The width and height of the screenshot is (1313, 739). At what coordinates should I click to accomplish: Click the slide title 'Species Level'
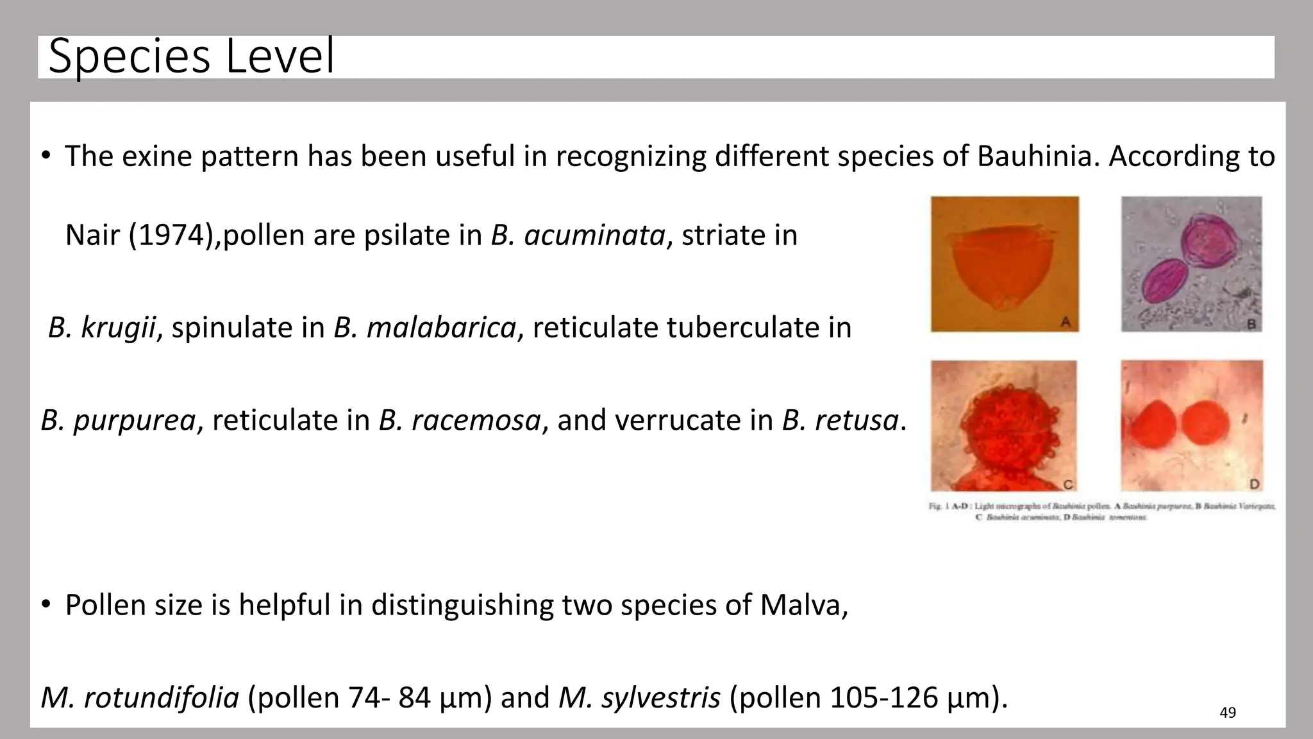tap(191, 57)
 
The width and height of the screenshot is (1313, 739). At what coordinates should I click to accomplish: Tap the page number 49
tap(1227, 713)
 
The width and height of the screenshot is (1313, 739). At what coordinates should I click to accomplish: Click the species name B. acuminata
tap(578, 235)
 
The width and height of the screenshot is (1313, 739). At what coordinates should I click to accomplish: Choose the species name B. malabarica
tap(424, 328)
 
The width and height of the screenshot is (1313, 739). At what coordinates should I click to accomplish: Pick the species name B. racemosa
tap(460, 421)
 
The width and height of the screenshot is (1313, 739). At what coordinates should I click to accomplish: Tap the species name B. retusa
tap(840, 421)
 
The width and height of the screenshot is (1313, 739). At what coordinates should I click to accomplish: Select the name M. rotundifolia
tap(140, 697)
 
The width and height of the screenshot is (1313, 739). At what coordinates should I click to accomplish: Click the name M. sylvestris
tap(639, 697)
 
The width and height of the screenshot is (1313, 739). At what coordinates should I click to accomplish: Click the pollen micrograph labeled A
tap(1004, 264)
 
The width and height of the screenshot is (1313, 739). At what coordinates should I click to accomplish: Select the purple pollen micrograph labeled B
tap(1191, 264)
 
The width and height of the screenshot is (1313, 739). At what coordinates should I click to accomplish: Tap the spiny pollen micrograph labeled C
tap(1003, 425)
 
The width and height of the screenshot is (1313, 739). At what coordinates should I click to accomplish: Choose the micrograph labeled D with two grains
tap(1191, 425)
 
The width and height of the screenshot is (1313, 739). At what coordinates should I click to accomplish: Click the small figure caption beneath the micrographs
tap(1101, 511)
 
